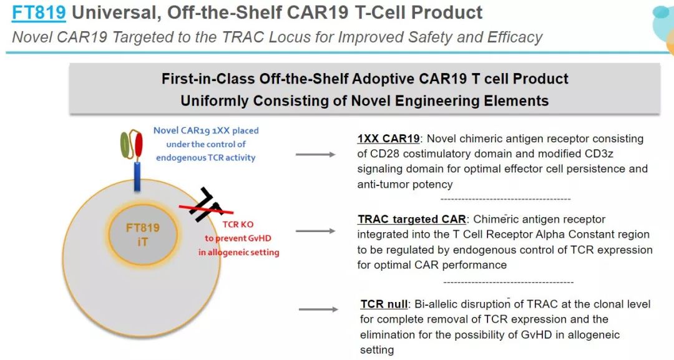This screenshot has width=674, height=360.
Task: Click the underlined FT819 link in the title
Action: [39, 12]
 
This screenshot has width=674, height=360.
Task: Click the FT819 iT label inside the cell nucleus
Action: [142, 235]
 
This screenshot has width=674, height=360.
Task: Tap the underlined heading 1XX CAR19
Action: [389, 139]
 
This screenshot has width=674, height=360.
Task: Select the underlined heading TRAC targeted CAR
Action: [412, 219]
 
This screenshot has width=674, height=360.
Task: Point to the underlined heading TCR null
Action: [384, 304]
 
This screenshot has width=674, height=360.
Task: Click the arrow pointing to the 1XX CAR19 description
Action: [316, 154]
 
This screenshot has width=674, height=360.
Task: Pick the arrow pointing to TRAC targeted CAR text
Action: [316, 231]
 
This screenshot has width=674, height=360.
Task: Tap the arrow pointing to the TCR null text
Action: [318, 309]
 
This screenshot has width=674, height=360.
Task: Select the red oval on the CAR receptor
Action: [139, 145]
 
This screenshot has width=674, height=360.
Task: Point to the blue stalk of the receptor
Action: [137, 176]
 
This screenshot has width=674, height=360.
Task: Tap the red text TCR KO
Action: [238, 224]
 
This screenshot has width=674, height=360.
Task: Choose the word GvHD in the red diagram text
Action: [260, 238]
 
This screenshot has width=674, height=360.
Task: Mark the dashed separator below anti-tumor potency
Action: [506, 199]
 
